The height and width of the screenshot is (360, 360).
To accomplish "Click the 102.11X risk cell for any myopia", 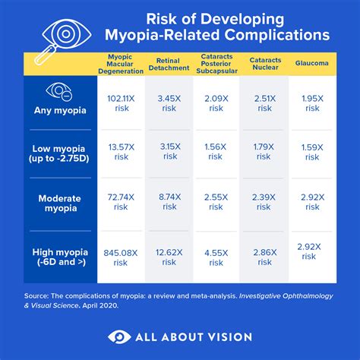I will coord(122,103).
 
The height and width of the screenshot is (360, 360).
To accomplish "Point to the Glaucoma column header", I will coord(311,64).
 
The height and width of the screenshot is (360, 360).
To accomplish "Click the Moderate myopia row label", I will coord(60,203).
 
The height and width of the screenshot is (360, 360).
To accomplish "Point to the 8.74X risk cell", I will coord(169,203).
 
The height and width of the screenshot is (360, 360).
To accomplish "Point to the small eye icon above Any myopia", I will coord(59,93).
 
